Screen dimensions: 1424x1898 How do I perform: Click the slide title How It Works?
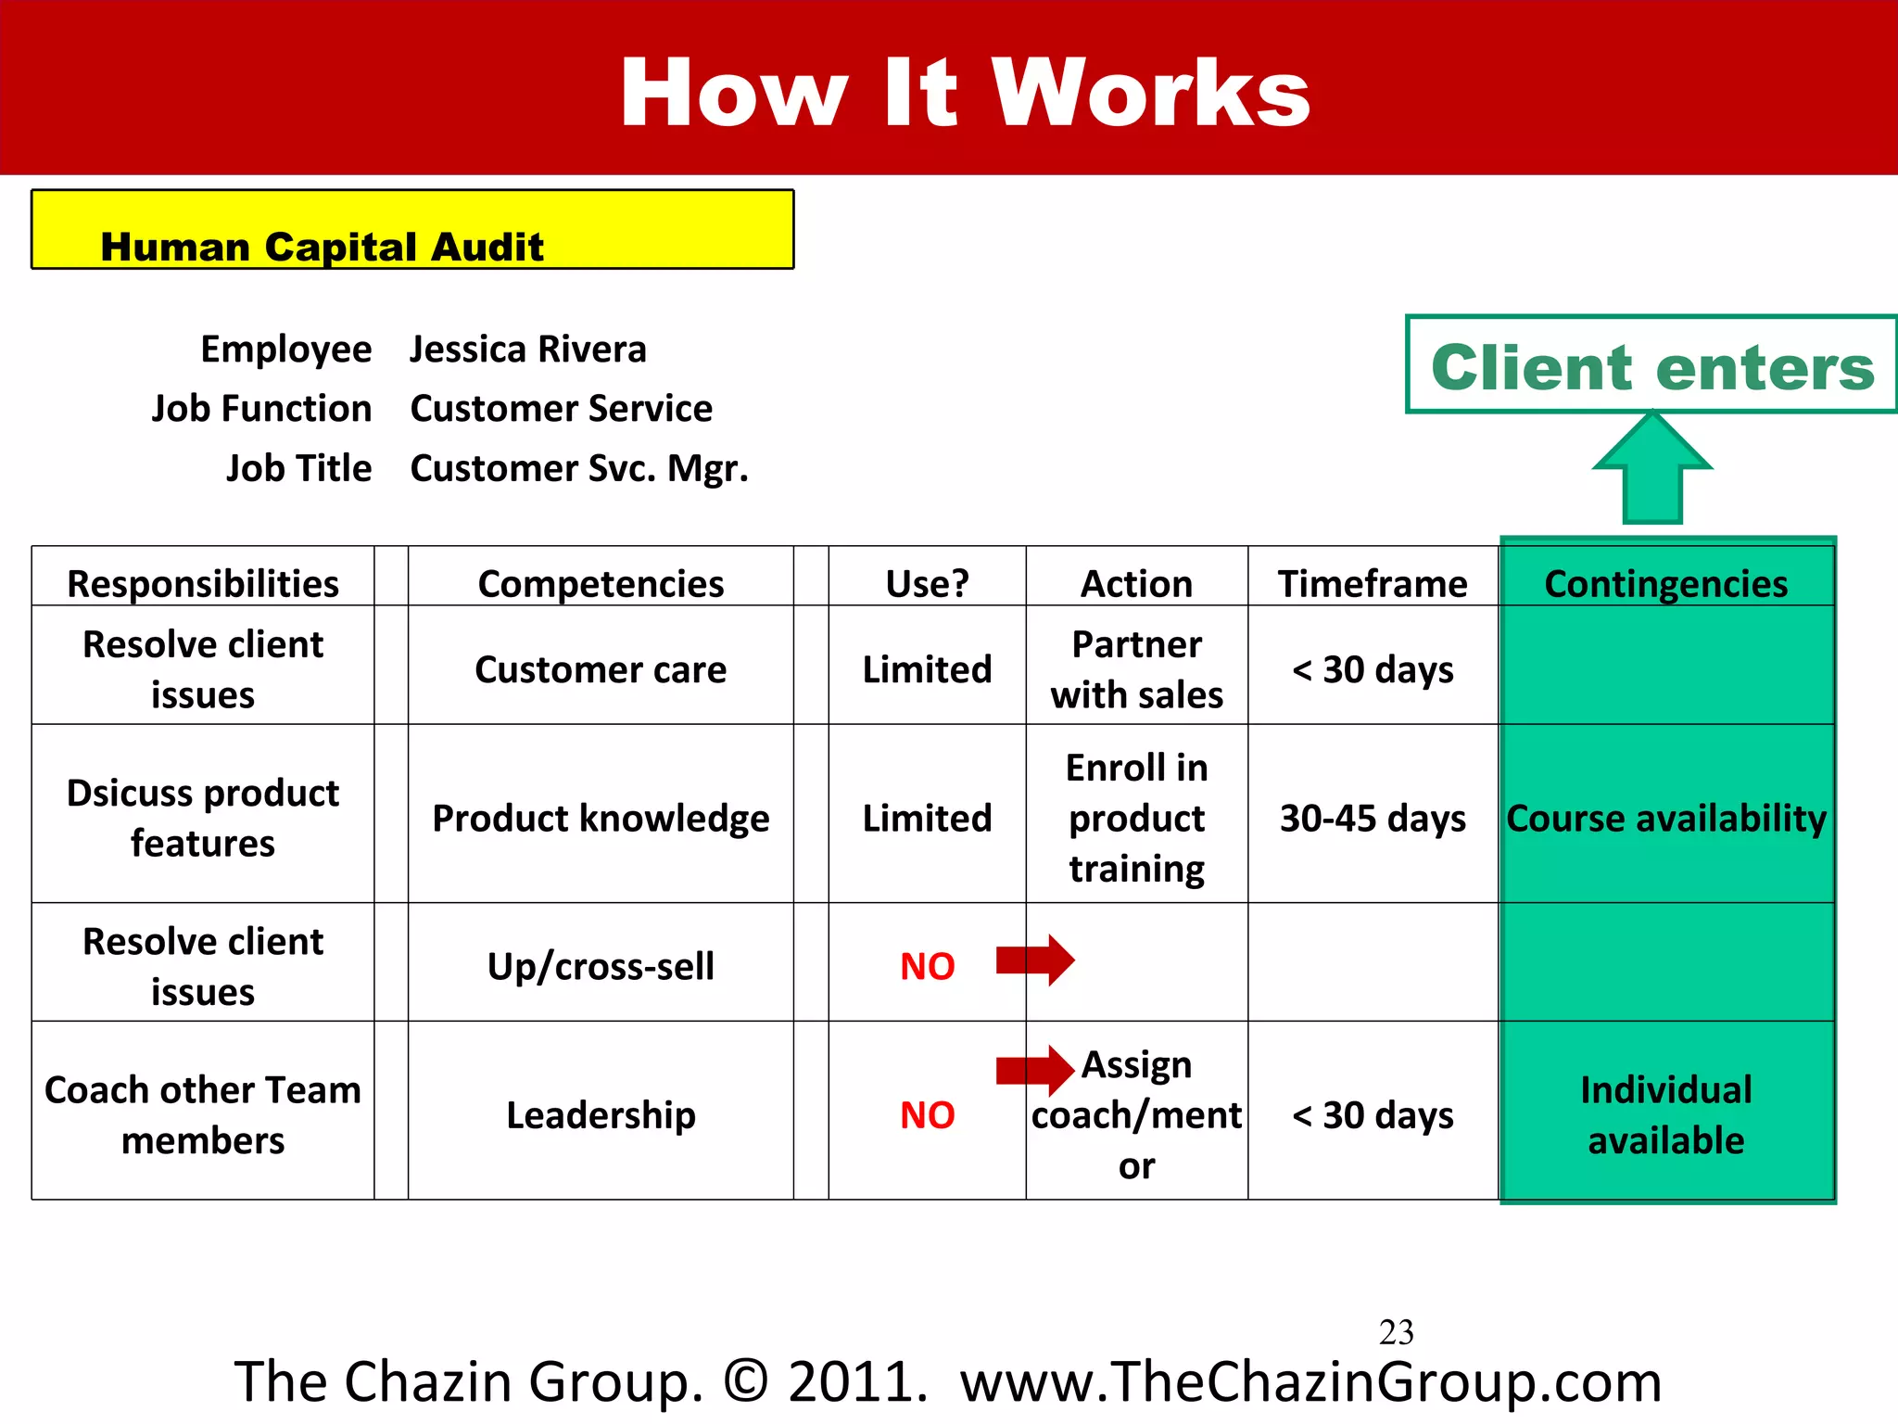tap(964, 93)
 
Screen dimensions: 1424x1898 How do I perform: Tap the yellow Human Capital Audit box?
tap(412, 230)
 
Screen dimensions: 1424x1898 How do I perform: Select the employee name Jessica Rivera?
tap(528, 350)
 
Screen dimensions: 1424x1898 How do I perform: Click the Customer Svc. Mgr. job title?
tap(579, 468)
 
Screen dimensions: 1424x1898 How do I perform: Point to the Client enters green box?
tap(1651, 365)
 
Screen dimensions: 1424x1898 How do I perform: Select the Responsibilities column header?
tap(203, 583)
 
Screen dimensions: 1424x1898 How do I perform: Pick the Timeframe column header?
tap(1373, 583)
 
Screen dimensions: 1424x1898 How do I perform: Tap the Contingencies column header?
tap(1665, 583)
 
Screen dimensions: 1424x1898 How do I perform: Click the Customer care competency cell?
tap(601, 669)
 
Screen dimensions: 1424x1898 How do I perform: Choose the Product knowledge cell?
tap(601, 818)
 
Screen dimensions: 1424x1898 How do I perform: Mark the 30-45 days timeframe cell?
tap(1373, 818)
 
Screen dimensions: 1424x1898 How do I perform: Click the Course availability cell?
tap(1665, 818)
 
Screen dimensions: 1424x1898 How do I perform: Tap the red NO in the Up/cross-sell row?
tap(927, 967)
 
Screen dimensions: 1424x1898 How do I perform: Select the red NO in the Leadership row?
tap(927, 1115)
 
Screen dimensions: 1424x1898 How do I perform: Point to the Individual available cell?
tap(1665, 1114)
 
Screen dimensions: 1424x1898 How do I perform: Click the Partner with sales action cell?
tap(1136, 669)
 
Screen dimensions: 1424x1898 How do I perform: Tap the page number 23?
tap(1396, 1332)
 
